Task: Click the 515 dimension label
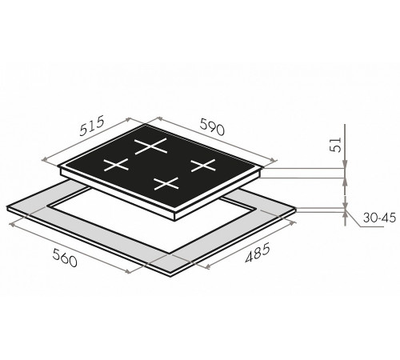[x=92, y=126]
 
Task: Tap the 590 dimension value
[x=212, y=126]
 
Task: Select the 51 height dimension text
[x=336, y=145]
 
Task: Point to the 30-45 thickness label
[x=379, y=218]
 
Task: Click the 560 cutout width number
[x=65, y=257]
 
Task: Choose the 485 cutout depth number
[x=258, y=253]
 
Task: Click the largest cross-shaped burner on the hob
[x=151, y=146]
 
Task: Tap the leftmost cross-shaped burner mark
[x=116, y=165]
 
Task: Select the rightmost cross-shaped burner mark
[x=202, y=166]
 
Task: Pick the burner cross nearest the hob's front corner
[x=166, y=183]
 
